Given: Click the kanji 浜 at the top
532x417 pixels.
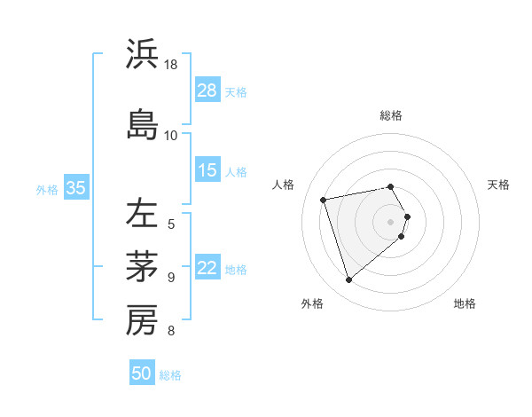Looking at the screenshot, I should click(142, 55).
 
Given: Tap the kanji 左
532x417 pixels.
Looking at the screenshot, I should click(142, 213).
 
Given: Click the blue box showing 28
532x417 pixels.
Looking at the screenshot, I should click(207, 90).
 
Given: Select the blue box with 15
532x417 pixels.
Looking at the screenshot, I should click(207, 170).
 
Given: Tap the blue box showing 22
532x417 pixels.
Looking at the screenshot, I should click(207, 268).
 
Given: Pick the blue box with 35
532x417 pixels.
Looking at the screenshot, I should click(76, 188).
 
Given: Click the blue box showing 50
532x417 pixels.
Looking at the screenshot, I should click(142, 374).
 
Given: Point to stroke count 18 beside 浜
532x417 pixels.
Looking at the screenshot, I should click(171, 65).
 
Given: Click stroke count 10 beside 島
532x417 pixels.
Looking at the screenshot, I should click(171, 135).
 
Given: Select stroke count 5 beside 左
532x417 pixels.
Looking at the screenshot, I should click(171, 224).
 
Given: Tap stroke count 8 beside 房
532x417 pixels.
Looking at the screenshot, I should click(171, 332).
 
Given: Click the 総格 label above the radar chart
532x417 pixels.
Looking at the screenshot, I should click(391, 115).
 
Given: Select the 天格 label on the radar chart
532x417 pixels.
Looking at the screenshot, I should click(499, 185).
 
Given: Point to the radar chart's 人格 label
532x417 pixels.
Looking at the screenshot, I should click(283, 185).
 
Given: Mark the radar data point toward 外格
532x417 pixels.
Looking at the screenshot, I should click(349, 280).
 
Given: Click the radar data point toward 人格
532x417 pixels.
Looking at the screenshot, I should click(324, 199).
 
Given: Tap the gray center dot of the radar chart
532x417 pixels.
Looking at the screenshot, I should click(391, 221).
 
